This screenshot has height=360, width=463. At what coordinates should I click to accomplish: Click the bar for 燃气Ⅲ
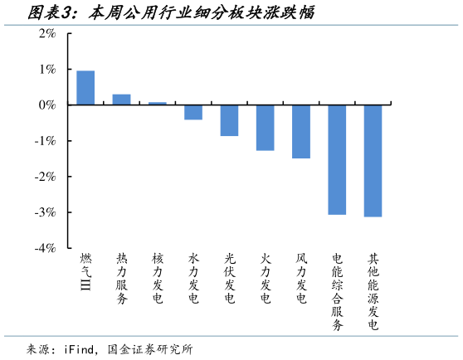[x=85, y=88]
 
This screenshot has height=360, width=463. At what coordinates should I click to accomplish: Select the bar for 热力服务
[x=121, y=100]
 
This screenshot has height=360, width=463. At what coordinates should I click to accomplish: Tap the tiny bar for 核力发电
[x=157, y=104]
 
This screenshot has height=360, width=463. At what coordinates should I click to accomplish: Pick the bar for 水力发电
[x=193, y=112]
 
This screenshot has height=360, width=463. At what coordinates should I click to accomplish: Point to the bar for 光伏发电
[x=229, y=120]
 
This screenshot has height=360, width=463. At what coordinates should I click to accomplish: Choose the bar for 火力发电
[x=265, y=128]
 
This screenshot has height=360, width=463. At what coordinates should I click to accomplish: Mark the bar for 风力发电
[x=300, y=131]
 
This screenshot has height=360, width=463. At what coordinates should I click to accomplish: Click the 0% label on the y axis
[x=46, y=105]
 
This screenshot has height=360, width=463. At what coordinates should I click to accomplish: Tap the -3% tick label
[x=44, y=212]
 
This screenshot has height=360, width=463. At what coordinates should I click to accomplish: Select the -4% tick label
[x=44, y=248]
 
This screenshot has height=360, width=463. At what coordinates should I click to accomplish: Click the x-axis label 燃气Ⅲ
[x=85, y=273]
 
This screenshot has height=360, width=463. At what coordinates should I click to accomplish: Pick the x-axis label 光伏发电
[x=229, y=279]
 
